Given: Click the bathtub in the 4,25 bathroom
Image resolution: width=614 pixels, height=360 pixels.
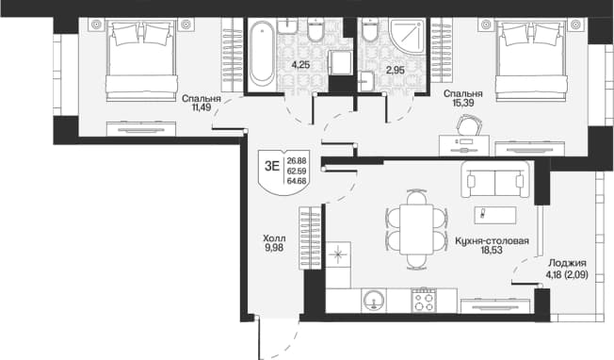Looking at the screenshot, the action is click(262, 54).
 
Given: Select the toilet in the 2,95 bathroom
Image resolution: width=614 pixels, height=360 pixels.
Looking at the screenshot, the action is click(370, 30).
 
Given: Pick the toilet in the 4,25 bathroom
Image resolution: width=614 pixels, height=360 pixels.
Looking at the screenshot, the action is click(315, 30).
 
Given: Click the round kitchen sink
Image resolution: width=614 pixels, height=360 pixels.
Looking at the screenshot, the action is click(374, 301).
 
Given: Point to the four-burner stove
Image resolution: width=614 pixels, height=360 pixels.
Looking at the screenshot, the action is click(424, 301).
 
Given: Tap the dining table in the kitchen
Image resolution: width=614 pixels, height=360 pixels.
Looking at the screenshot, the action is click(416, 229).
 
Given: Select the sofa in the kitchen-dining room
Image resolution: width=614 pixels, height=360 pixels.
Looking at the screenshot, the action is click(495, 179).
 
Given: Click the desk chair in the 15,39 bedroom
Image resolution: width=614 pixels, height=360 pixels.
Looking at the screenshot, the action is click(470, 125).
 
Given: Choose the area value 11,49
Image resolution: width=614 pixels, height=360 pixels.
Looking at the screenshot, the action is click(202, 106).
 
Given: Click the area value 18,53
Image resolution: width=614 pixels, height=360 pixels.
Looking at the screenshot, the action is click(492, 250).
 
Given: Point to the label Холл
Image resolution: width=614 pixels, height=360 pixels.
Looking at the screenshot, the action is click(274, 238).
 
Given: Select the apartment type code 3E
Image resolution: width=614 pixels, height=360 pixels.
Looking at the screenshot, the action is click(272, 166).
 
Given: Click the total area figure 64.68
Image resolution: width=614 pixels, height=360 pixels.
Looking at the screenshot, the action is click(297, 181).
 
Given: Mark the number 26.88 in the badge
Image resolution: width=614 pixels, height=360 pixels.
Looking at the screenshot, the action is click(297, 160).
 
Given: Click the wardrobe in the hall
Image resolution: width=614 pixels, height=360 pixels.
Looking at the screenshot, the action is click(310, 237).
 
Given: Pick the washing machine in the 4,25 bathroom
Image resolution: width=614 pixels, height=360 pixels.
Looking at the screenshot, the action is click(341, 62).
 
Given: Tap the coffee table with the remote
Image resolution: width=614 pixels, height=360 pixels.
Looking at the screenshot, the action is click(495, 215).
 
